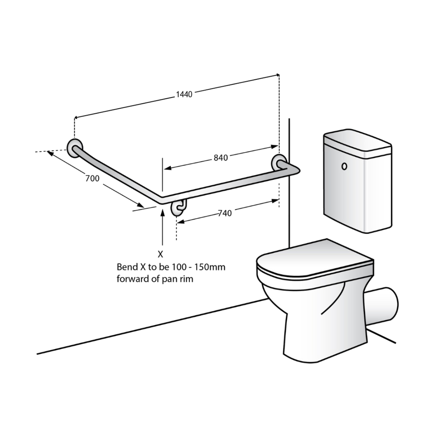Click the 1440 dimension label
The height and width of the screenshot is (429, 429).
pyautogui.click(x=184, y=94)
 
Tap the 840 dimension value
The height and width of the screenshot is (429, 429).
pyautogui.click(x=221, y=158)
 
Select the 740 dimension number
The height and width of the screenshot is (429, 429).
pyautogui.click(x=225, y=213)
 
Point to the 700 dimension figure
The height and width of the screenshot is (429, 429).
pyautogui.click(x=92, y=178)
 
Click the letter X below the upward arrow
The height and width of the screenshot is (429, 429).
pyautogui.click(x=160, y=255)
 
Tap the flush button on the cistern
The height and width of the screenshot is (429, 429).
pyautogui.click(x=344, y=166)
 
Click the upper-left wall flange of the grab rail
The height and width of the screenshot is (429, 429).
pyautogui.click(x=75, y=149)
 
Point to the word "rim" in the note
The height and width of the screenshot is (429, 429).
pyautogui.click(x=186, y=279)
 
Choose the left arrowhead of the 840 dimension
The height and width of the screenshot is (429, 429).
pyautogui.click(x=168, y=168)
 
